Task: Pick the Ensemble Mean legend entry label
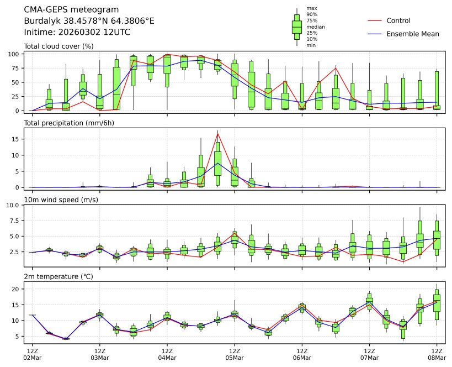(x=413, y=34)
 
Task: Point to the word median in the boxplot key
(x=315, y=27)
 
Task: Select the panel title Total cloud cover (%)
(x=59, y=46)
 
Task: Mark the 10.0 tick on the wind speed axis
(x=13, y=205)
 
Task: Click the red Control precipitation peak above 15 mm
(x=218, y=133)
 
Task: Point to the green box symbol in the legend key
(x=297, y=27)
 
